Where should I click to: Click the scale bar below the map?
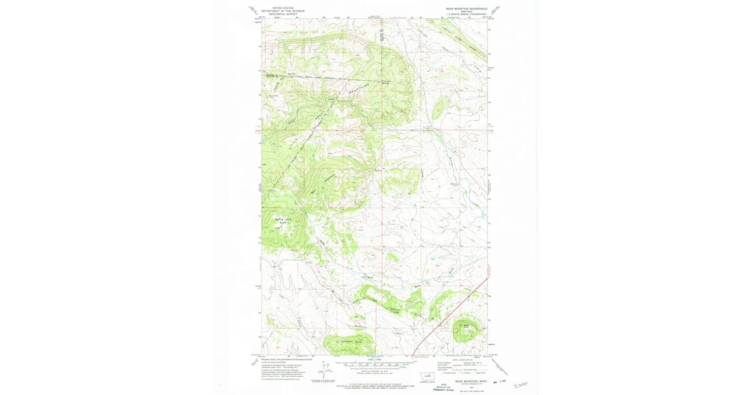376,364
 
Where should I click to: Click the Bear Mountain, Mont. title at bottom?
471,380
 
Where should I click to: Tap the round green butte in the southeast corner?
467,329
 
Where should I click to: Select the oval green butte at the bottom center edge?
348,344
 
